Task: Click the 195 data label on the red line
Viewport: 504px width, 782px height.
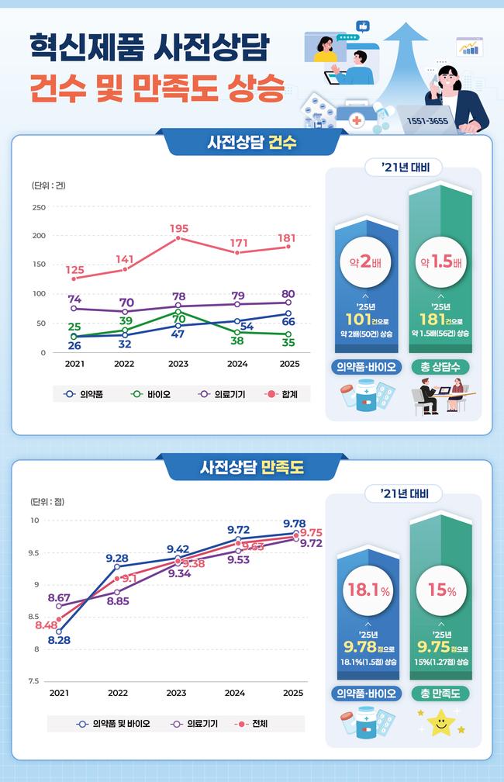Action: [x=179, y=228]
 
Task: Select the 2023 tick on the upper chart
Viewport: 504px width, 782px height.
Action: [x=178, y=364]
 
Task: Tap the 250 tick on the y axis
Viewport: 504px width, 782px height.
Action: [x=39, y=207]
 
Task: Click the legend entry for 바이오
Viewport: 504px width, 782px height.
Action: [x=150, y=394]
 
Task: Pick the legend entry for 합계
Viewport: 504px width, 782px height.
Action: [x=281, y=394]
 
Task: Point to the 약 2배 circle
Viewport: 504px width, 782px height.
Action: [x=367, y=262]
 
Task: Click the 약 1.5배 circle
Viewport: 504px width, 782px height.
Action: [x=440, y=262]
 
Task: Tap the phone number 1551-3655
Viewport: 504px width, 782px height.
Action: [x=427, y=121]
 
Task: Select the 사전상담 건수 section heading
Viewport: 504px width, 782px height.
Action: [x=252, y=143]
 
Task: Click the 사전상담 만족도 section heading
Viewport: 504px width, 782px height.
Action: [x=252, y=467]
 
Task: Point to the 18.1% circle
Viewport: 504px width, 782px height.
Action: [x=368, y=590]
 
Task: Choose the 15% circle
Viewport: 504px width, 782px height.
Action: [x=442, y=590]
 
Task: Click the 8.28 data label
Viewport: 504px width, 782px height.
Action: [x=59, y=640]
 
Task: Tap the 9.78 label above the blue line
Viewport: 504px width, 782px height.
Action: [x=294, y=523]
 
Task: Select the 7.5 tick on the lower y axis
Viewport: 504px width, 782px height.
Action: [x=34, y=681]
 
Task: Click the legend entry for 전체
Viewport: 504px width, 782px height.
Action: [x=251, y=724]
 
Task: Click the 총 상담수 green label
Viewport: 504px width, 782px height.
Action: [x=440, y=367]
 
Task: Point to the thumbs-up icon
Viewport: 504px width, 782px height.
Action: [x=363, y=26]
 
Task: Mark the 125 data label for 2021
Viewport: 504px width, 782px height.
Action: [x=74, y=270]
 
